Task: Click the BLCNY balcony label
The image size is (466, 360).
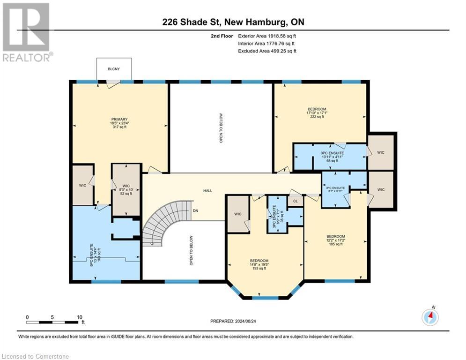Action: (114, 69)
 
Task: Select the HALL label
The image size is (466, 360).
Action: (208, 191)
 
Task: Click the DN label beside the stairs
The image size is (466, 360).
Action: (196, 210)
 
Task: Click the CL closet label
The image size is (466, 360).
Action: (296, 201)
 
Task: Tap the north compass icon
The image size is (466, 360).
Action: (430, 317)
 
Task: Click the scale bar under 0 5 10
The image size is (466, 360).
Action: (52, 322)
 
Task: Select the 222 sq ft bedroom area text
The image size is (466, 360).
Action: (317, 117)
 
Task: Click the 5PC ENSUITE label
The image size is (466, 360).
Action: (91, 255)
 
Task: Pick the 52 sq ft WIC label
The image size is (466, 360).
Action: (126, 194)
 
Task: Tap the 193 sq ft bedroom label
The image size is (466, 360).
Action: (259, 269)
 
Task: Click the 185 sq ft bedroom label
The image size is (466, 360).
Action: (336, 244)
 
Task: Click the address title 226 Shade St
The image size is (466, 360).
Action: (192, 22)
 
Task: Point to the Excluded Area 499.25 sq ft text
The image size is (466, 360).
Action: (267, 51)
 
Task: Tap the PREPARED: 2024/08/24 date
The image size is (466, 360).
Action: (233, 321)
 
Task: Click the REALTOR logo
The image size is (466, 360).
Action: (27, 32)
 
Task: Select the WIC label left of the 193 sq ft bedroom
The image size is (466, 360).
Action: (238, 214)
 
